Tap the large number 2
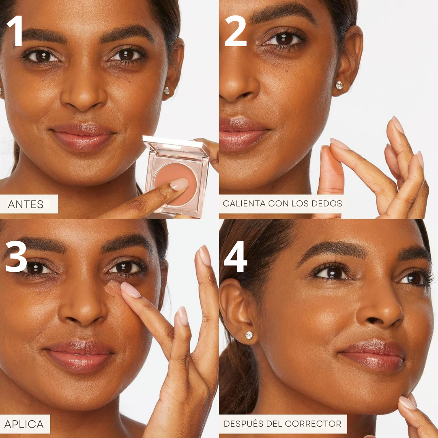(x=236, y=31)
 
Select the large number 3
(x=16, y=256)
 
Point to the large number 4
(x=236, y=256)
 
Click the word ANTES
(x=26, y=204)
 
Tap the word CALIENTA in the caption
(x=244, y=203)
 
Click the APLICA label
(x=24, y=424)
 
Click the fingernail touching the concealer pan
(x=179, y=184)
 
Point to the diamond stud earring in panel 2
(x=339, y=85)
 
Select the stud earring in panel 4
(x=249, y=335)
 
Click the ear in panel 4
(x=237, y=310)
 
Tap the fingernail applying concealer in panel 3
(x=130, y=290)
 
